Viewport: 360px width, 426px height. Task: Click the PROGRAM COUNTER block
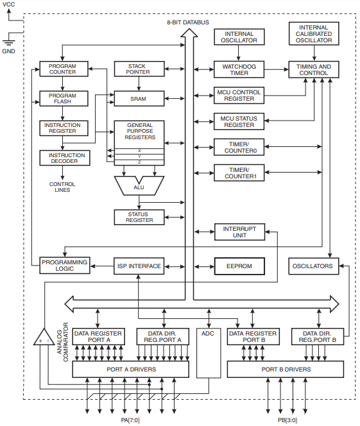pyautogui.click(x=62, y=68)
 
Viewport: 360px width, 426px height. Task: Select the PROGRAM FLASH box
pyautogui.click(x=62, y=99)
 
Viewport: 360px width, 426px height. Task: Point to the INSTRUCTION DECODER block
pyautogui.click(x=62, y=157)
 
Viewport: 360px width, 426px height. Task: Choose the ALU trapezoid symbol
pyautogui.click(x=139, y=187)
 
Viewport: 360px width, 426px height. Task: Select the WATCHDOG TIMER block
pyautogui.click(x=239, y=69)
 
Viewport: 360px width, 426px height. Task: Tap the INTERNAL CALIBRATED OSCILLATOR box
pyautogui.click(x=314, y=35)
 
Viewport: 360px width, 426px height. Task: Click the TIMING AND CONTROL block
pyautogui.click(x=314, y=69)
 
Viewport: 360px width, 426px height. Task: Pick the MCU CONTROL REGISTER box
pyautogui.click(x=239, y=96)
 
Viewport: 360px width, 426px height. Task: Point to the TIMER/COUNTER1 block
pyautogui.click(x=239, y=173)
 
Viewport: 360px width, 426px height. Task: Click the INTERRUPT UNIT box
pyautogui.click(x=239, y=232)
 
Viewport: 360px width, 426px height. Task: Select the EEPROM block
pyautogui.click(x=239, y=266)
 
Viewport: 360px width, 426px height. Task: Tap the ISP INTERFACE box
pyautogui.click(x=139, y=266)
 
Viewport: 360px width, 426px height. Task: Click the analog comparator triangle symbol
pyautogui.click(x=44, y=338)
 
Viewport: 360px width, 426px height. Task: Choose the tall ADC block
pyautogui.click(x=207, y=353)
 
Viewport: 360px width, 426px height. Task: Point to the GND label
pyautogui.click(x=9, y=50)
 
